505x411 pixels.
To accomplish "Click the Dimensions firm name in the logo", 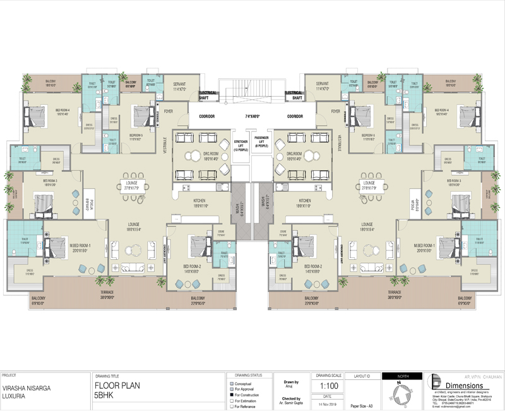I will point(461,385).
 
